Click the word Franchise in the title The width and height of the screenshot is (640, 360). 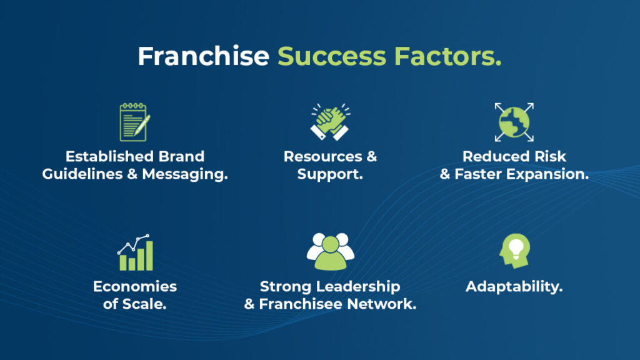coord(203,56)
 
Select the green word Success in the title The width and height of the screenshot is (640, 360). coord(332,56)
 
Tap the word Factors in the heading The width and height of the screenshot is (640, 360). coord(447,56)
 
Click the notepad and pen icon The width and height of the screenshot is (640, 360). coord(135,122)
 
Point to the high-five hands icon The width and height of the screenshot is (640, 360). coord(330,122)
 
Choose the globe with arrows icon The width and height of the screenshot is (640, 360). coord(514,122)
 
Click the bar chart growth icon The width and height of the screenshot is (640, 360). coord(135,252)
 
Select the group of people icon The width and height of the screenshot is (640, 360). coord(330,251)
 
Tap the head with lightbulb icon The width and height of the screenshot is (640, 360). coord(515,251)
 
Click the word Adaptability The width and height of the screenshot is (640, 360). coord(514,287)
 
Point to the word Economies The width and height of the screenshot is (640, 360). coord(135,286)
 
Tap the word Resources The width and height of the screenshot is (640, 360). coord(323,156)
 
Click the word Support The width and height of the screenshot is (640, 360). coord(330,174)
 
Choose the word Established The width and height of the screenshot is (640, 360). coord(110,156)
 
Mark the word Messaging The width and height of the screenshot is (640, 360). coord(185,174)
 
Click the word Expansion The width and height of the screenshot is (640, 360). coord(547,174)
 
